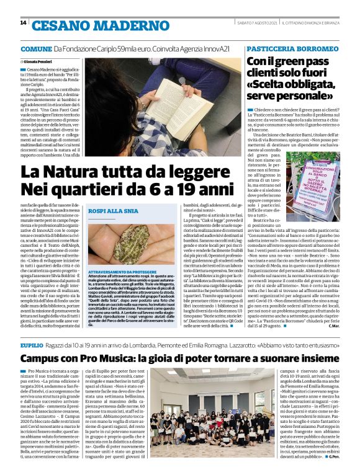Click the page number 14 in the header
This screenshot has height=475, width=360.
[x=23, y=22]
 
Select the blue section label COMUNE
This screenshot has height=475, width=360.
[x=35, y=48]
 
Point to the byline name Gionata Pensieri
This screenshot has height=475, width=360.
[x=38, y=62]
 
